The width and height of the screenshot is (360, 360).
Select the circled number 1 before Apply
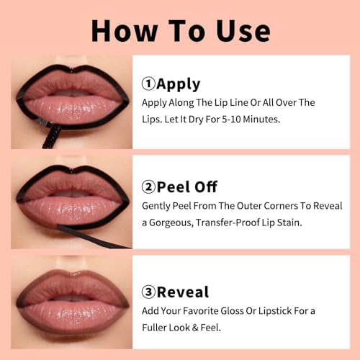coord(149,84)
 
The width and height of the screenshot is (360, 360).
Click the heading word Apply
coord(178,84)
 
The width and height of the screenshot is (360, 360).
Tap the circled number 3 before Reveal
coord(149,292)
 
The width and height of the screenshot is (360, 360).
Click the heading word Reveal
coord(183,292)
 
